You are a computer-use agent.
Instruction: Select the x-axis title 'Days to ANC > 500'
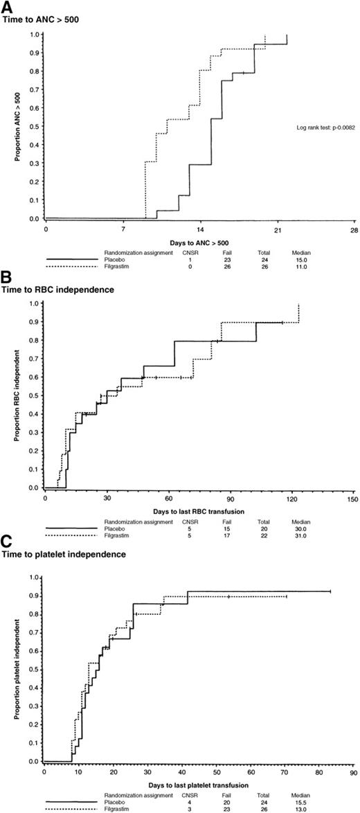pos(199,242)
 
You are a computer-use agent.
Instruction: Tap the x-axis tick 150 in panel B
pos(353,498)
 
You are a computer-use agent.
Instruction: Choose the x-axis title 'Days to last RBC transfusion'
pos(199,510)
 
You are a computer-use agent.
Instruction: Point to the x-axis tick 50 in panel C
pos(215,770)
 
